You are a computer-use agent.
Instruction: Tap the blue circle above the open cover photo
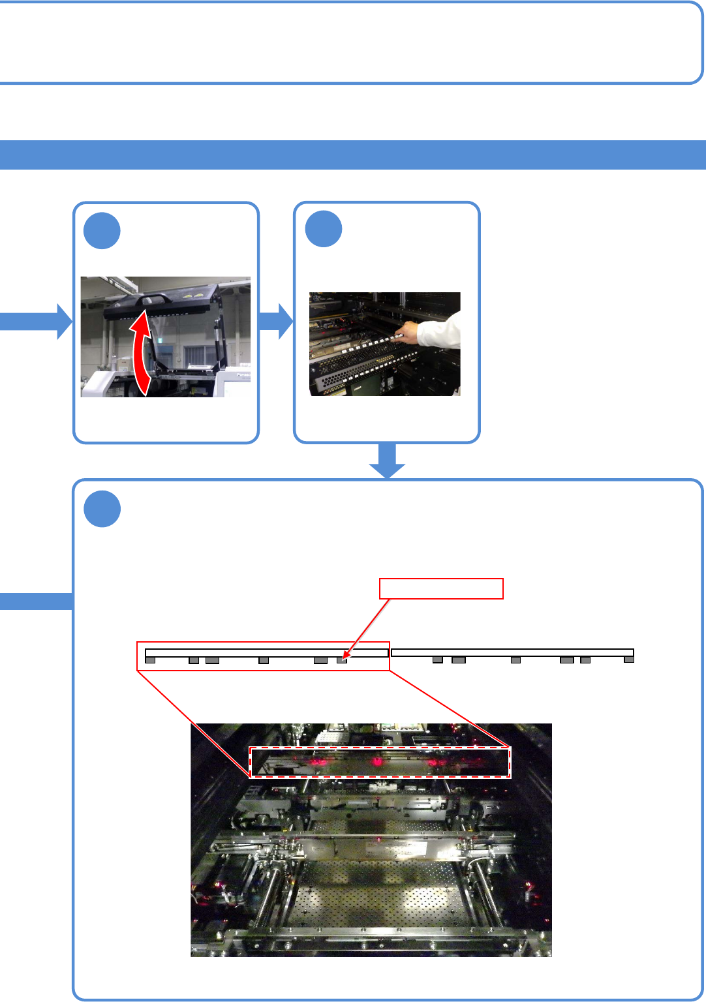pyautogui.click(x=102, y=230)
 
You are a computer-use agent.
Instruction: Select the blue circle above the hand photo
pyautogui.click(x=324, y=229)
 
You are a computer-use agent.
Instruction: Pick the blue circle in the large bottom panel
pyautogui.click(x=102, y=509)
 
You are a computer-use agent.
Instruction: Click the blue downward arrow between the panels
pyautogui.click(x=387, y=461)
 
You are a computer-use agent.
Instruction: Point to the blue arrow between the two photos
pyautogui.click(x=276, y=321)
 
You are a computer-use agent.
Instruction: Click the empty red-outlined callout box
pyautogui.click(x=441, y=588)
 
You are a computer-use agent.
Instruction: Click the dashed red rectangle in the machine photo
pyautogui.click(x=380, y=763)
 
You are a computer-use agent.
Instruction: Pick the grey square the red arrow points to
pyautogui.click(x=341, y=660)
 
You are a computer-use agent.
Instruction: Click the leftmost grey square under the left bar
pyautogui.click(x=150, y=660)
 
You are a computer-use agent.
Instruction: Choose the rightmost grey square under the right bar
pyautogui.click(x=629, y=660)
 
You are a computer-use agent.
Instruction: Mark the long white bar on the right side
pyautogui.click(x=512, y=652)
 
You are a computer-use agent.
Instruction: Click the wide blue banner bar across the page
pyautogui.click(x=352, y=155)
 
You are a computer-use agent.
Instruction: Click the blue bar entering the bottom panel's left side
pyautogui.click(x=36, y=601)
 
